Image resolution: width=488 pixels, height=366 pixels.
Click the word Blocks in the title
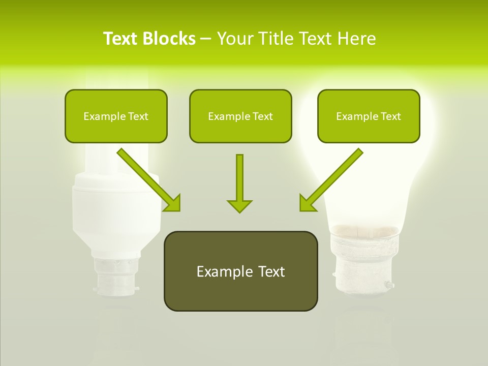pos(169,39)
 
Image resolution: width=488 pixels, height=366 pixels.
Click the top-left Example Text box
pos(116,116)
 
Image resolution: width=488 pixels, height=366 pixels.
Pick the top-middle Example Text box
pos(240,116)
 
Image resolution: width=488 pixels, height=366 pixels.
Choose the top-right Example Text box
pos(369,116)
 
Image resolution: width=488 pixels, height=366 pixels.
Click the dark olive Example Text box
pos(240,271)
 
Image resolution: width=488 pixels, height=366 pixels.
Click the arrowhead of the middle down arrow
pos(239,205)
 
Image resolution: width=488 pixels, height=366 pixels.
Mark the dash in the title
pos(206,39)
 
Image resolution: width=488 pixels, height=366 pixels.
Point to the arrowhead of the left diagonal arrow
pos(173,203)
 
